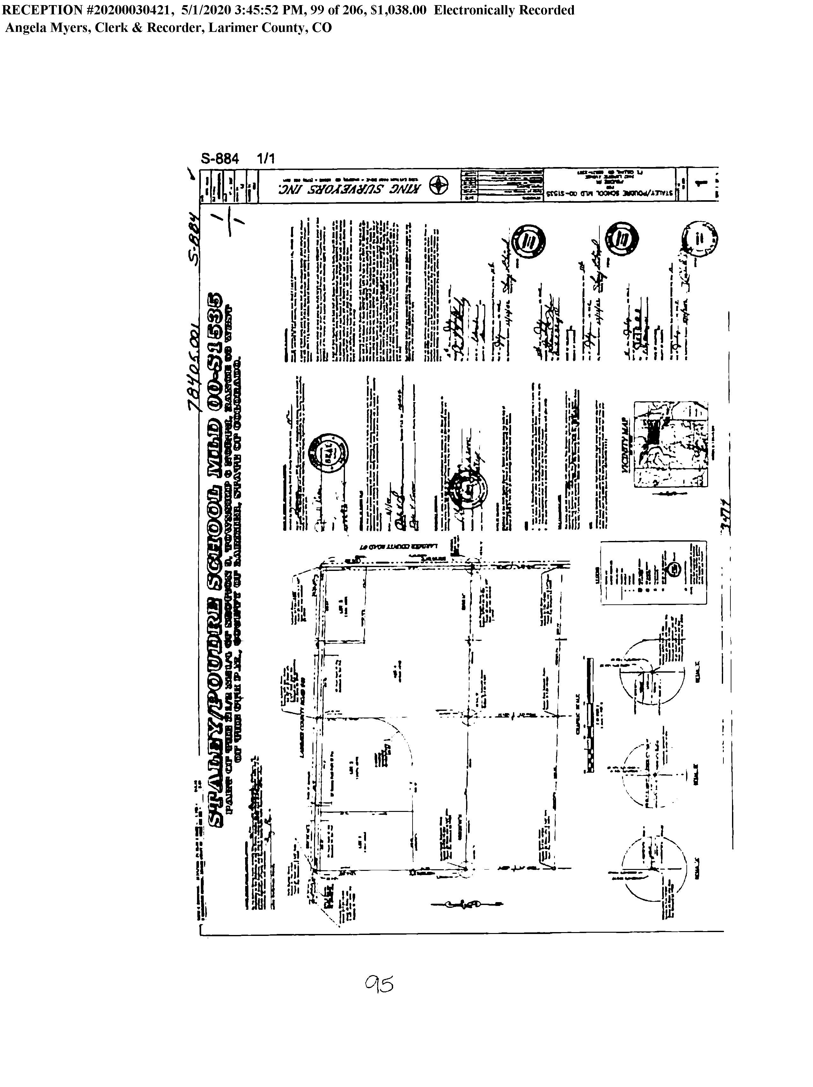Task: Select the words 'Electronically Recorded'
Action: tap(503, 10)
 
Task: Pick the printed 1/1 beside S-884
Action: tap(266, 159)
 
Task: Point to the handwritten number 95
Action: tap(379, 984)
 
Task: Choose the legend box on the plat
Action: tap(654, 573)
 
